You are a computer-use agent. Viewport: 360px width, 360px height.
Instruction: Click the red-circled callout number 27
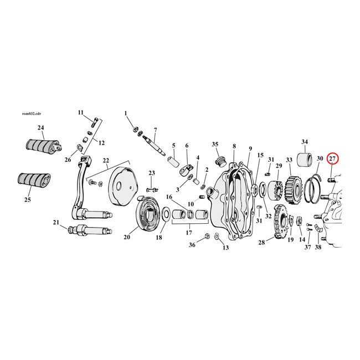[x=332, y=159]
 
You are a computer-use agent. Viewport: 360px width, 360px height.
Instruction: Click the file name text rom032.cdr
[x=30, y=114]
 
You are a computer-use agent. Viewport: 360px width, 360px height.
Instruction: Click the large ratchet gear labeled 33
[x=293, y=191]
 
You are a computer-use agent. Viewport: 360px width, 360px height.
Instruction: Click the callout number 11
[x=81, y=112]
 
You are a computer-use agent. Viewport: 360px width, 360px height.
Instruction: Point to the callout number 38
[x=318, y=247]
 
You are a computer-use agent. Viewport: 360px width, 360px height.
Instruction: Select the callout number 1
[x=126, y=113]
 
